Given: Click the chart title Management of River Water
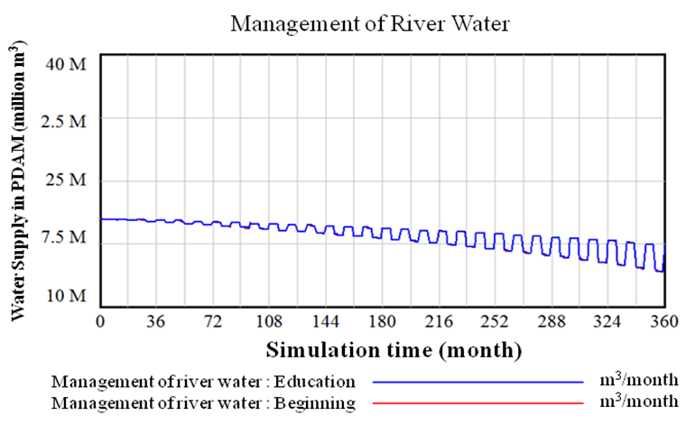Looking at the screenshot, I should [370, 23].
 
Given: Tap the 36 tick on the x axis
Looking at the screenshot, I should [157, 321].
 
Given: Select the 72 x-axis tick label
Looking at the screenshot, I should [213, 321].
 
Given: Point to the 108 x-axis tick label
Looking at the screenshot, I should [269, 321].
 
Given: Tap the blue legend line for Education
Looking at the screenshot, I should [477, 382].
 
